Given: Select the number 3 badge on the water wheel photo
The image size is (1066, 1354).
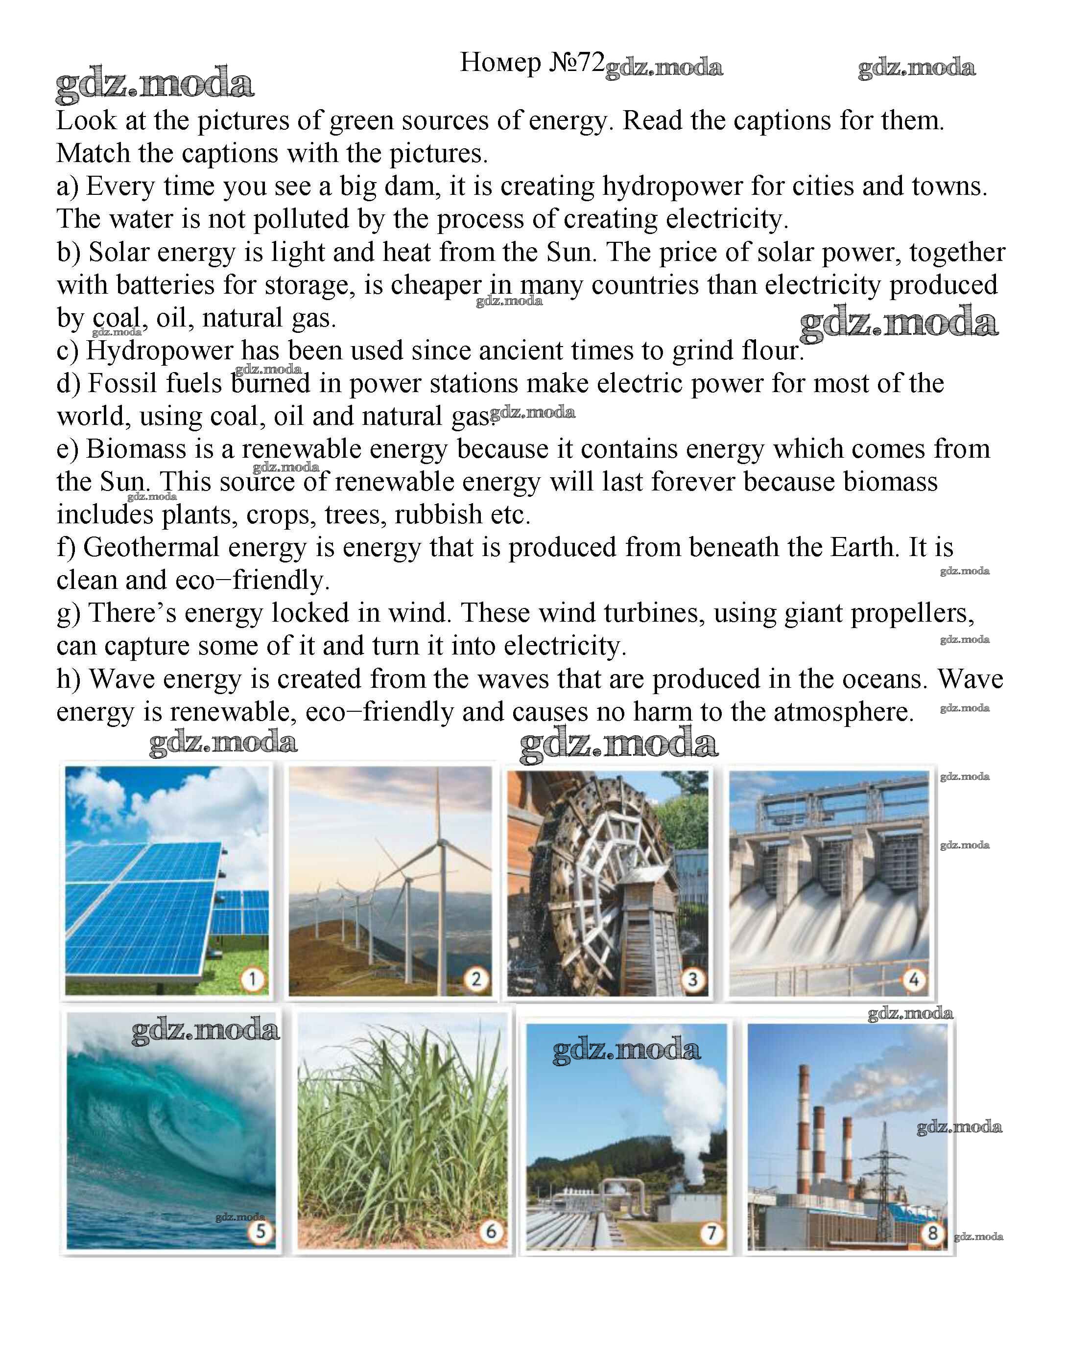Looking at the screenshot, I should [x=693, y=979].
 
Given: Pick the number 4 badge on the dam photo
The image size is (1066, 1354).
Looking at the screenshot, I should [x=914, y=979].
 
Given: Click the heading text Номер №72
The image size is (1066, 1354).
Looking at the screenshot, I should [x=532, y=63].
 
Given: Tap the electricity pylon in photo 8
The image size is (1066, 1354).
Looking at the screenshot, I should [x=884, y=1173].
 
